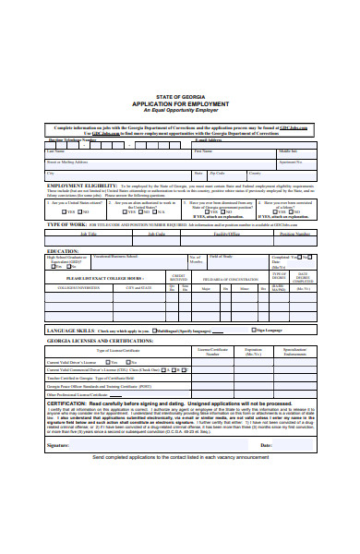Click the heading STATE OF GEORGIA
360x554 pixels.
click(180, 96)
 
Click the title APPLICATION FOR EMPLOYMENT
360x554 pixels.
click(180, 103)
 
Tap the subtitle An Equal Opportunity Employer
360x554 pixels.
click(180, 111)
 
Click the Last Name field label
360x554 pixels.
click(56, 151)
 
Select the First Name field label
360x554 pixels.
click(203, 151)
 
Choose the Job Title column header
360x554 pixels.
click(89, 234)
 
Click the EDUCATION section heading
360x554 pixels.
click(63, 250)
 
